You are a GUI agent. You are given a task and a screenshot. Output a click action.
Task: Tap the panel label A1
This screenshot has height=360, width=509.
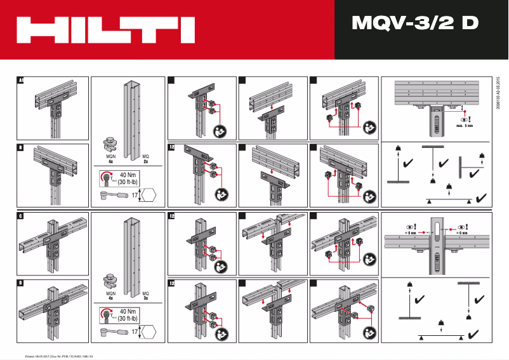20,81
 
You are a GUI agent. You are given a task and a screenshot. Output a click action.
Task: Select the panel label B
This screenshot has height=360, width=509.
20,149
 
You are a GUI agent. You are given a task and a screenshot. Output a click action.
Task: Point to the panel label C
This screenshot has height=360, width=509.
20,217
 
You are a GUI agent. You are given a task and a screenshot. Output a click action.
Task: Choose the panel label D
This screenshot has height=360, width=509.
20,283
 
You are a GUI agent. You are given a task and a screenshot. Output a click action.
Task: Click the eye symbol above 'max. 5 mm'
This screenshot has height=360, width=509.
465,119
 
